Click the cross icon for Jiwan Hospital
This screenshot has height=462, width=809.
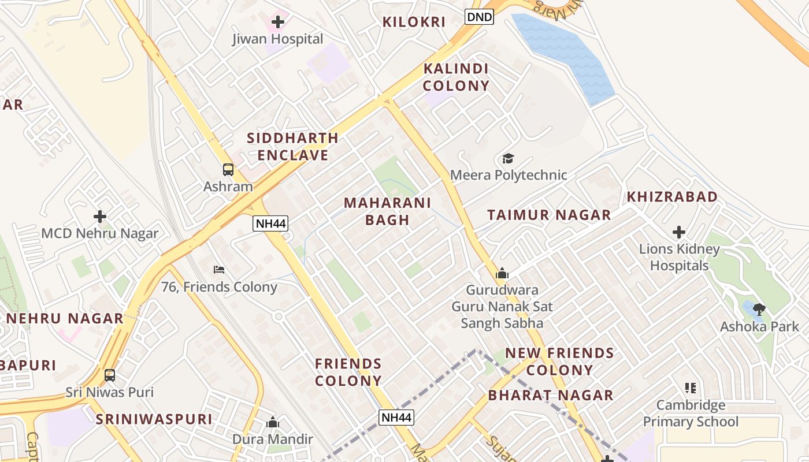tap(278, 23)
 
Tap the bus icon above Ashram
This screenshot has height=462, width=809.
tap(228, 170)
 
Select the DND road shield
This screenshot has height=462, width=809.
tap(479, 17)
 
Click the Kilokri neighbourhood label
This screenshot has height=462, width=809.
tap(414, 23)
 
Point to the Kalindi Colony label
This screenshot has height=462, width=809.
tap(456, 77)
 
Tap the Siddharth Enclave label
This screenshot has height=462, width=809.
tap(292, 147)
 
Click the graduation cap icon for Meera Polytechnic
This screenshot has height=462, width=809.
tap(508, 158)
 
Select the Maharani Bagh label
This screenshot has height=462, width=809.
tap(387, 211)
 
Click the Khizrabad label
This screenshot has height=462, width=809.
tap(672, 197)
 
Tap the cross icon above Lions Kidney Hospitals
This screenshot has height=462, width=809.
tap(679, 233)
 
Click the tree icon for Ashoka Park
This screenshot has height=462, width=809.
tap(759, 310)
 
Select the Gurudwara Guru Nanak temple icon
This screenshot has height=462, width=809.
tap(502, 273)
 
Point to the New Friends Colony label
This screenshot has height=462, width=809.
tap(559, 362)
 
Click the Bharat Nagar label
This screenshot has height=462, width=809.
tap(550, 396)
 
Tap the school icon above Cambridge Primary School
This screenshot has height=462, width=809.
tap(691, 388)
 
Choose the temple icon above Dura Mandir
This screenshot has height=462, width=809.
tap(273, 423)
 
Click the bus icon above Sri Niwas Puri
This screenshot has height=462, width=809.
tap(110, 375)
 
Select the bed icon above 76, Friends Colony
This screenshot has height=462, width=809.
tap(218, 270)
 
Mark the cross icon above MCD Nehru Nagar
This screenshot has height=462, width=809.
tap(100, 217)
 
